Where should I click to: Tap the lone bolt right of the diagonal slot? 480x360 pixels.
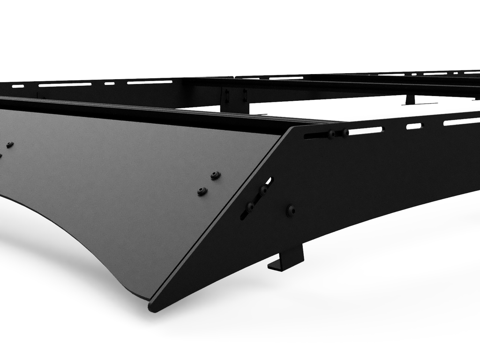tap(291, 210)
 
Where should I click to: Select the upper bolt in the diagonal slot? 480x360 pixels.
tap(264, 190)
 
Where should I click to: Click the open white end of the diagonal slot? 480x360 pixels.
tap(269, 180)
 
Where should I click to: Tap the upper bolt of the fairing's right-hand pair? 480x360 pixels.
tap(215, 175)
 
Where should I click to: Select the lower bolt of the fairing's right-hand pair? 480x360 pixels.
tap(202, 191)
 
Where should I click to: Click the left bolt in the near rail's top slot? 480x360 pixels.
tap(332, 135)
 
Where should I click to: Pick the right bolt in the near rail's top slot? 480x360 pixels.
tap(345, 133)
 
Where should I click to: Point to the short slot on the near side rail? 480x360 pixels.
tap(414, 126)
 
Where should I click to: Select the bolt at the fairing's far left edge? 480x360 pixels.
tap(9, 145)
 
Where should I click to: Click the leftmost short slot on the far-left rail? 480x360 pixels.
tap(18, 86)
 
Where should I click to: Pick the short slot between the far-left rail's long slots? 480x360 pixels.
tap(109, 83)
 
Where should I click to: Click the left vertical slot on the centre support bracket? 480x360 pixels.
tap(227, 96)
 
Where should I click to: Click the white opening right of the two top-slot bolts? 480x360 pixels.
tap(366, 131)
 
